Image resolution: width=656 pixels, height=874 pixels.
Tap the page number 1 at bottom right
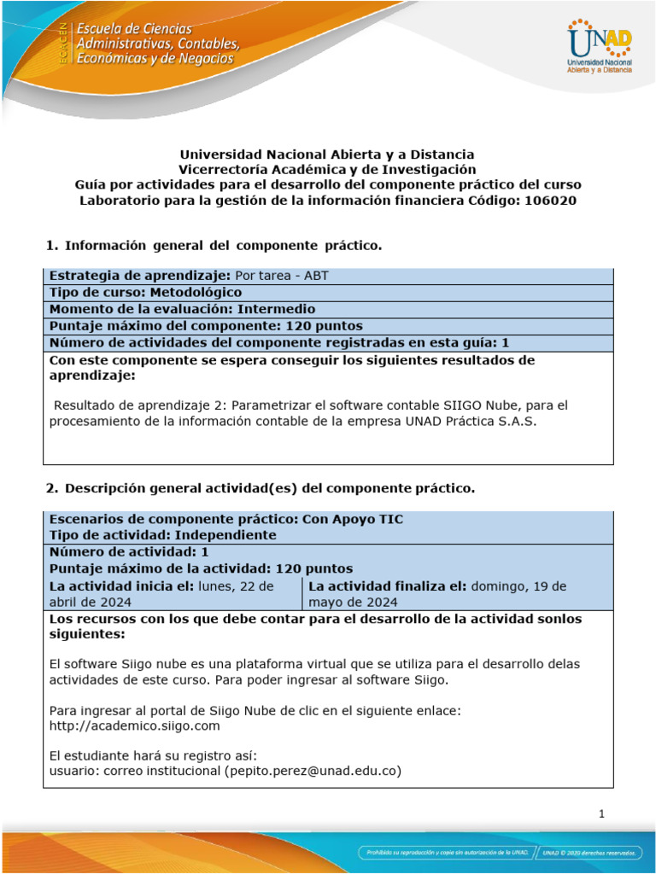click(x=602, y=814)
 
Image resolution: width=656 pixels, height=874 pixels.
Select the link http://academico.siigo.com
click(x=135, y=725)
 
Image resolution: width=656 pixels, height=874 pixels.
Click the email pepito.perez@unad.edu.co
click(x=313, y=771)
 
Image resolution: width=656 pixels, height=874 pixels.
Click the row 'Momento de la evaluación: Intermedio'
click(x=182, y=309)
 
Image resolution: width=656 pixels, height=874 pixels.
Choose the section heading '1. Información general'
click(x=213, y=246)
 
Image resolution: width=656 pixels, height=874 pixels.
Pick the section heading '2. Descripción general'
click(x=258, y=488)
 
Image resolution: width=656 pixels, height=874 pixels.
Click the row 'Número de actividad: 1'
click(x=129, y=551)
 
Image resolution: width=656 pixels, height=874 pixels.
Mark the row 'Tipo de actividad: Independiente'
click(x=163, y=535)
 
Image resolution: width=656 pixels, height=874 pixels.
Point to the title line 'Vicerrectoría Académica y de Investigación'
click(x=327, y=170)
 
